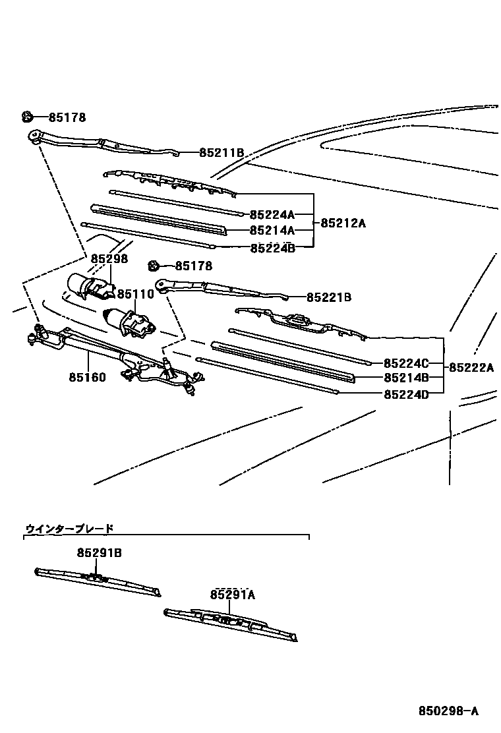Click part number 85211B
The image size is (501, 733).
coord(221,153)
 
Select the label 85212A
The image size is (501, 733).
coord(343,223)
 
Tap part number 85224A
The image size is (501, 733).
coord(272,214)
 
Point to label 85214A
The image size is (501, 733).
coord(272,231)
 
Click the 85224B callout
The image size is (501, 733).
coord(272,248)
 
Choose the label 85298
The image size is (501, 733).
coord(109,259)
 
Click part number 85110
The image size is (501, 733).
coord(136,294)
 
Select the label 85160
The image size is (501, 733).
coord(86,378)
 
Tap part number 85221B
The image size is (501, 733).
coord(329,297)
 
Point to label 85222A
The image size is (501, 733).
coord(471,368)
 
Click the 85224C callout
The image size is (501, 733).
coord(406,363)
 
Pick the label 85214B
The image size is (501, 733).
coord(406,378)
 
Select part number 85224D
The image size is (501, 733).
coord(406,394)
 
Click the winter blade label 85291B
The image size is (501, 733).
coord(99,552)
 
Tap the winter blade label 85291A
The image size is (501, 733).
coord(233,595)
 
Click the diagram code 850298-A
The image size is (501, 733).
coord(448,711)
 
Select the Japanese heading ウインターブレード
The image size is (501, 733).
coord(69,528)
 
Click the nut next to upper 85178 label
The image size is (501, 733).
coord(27,117)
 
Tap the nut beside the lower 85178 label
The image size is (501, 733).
coord(154,266)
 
